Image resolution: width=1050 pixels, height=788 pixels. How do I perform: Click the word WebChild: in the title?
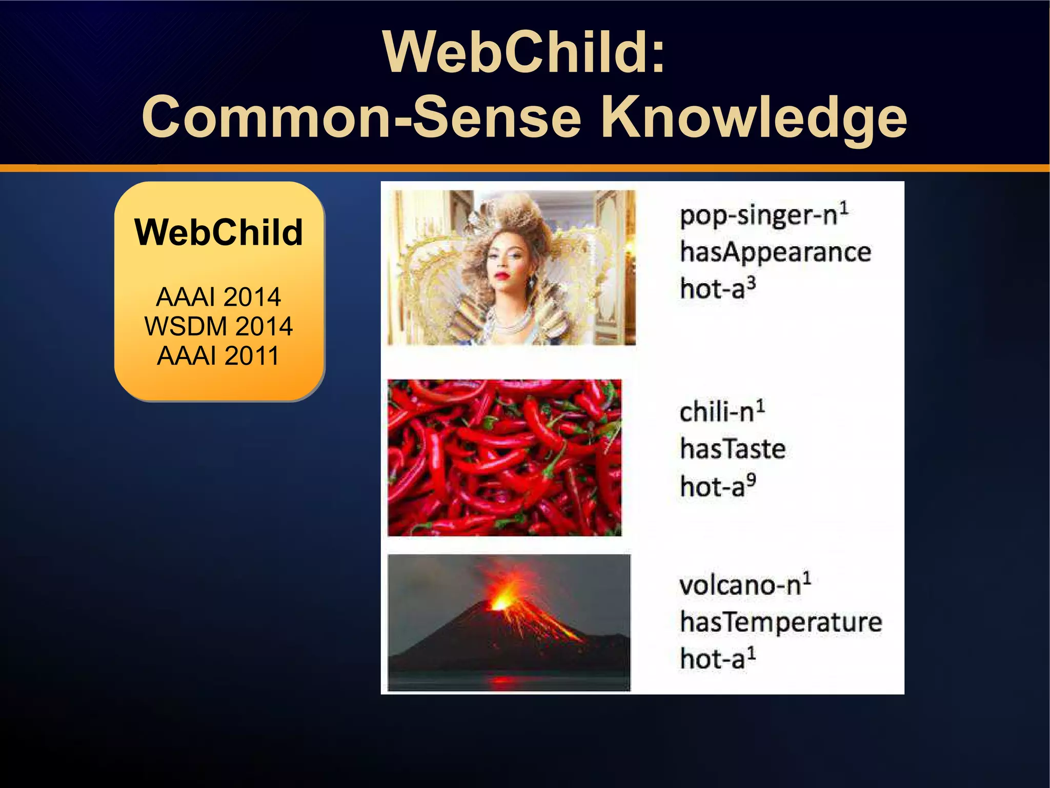click(x=523, y=52)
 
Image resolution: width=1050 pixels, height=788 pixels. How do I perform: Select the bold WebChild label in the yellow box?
click(x=218, y=232)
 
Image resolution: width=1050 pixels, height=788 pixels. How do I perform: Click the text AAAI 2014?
click(x=218, y=297)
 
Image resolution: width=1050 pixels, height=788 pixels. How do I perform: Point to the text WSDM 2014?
click(x=218, y=326)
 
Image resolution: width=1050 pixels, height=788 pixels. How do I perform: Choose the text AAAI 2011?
click(x=218, y=356)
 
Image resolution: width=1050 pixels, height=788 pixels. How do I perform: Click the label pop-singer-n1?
click(x=764, y=215)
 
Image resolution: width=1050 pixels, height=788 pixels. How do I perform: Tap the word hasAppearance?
click(x=775, y=252)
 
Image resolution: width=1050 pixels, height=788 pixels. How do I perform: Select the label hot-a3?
click(x=718, y=288)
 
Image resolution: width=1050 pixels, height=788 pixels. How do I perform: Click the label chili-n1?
click(x=722, y=411)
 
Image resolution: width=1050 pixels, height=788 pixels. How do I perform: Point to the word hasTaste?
click(x=733, y=449)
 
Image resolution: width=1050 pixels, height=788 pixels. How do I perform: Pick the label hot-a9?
click(x=718, y=486)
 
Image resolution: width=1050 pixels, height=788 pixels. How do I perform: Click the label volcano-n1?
click(x=745, y=585)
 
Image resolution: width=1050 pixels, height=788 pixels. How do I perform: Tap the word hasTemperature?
click(x=781, y=622)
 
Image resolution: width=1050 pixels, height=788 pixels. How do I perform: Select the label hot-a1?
click(x=718, y=659)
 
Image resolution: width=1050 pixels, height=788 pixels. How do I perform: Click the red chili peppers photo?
click(x=504, y=458)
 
